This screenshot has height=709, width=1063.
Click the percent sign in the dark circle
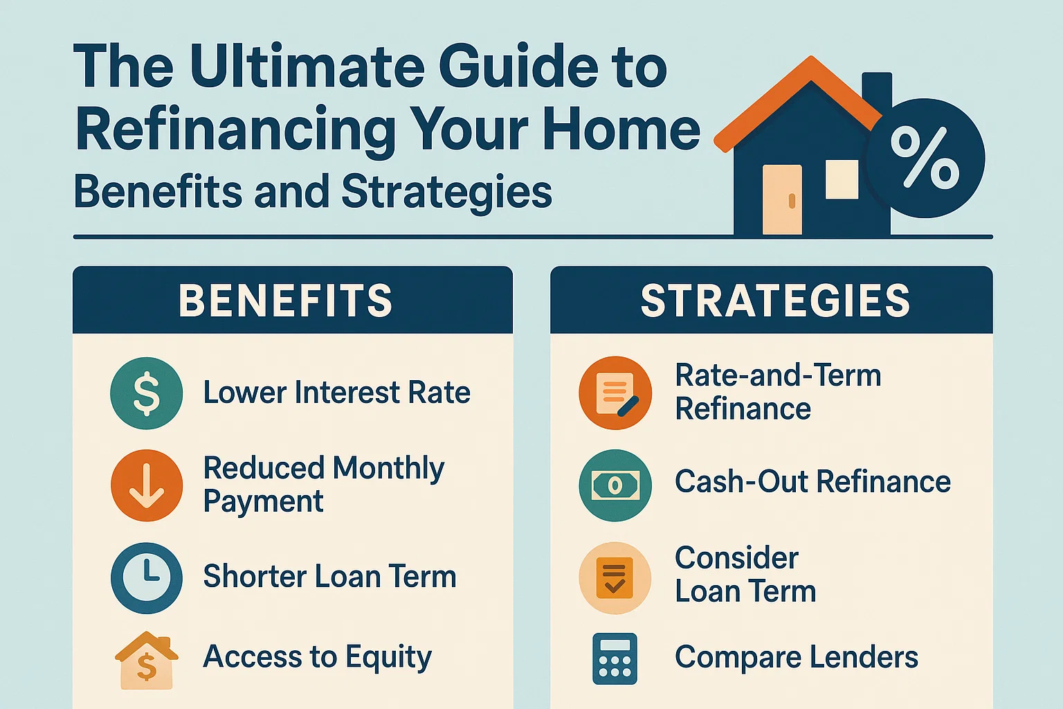(925, 159)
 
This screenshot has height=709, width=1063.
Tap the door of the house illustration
(782, 199)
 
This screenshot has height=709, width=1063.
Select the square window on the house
(842, 179)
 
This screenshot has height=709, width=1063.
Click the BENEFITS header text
(285, 300)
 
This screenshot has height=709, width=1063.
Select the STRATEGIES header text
(775, 300)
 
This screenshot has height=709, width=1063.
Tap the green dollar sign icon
(147, 393)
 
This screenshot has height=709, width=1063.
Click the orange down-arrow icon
(147, 485)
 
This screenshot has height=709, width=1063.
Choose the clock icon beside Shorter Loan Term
(147, 577)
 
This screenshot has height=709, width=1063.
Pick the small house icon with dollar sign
(147, 661)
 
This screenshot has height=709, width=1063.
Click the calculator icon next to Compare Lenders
(615, 659)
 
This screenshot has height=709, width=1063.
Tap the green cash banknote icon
(615, 485)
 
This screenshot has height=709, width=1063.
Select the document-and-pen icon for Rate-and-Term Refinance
(615, 393)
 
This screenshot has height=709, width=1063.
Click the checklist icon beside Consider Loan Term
(615, 578)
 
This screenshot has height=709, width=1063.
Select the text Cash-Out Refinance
(812, 482)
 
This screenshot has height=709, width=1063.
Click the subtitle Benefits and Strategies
(313, 192)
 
